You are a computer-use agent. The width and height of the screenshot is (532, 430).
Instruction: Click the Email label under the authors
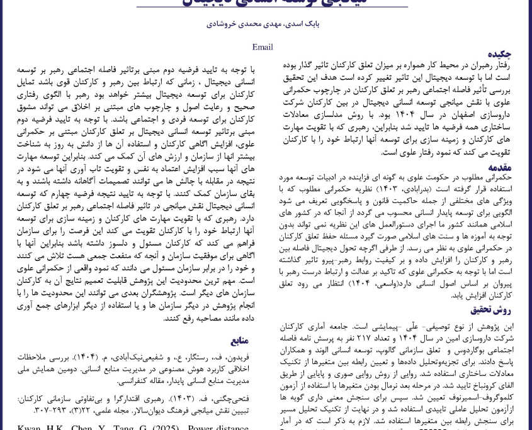263,47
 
